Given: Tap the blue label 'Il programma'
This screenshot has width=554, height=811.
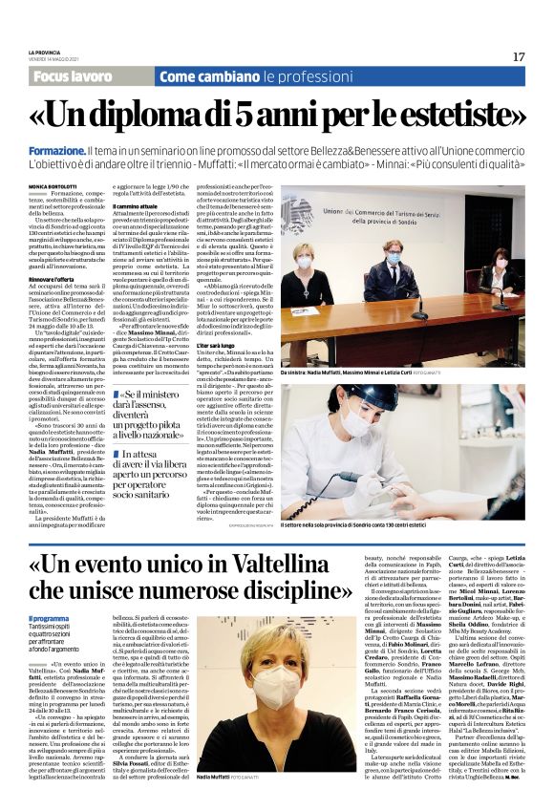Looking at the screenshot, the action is pyautogui.click(x=47, y=620).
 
